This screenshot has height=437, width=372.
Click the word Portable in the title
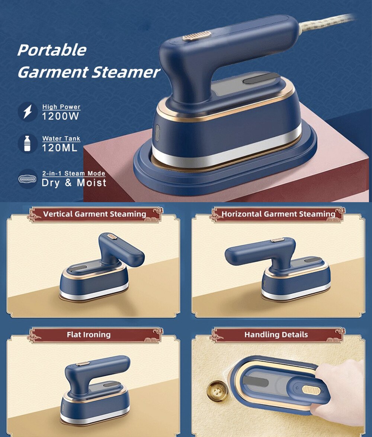point(52,50)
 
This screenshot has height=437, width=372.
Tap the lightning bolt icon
point(28,112)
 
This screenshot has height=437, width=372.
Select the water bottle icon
point(28,143)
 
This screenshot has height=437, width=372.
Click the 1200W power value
point(61,116)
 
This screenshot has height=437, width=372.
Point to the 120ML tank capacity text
point(60,148)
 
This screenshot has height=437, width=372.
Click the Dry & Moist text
point(74,182)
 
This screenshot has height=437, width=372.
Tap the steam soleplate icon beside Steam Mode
point(28,179)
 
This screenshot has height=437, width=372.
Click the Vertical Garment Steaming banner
point(94,214)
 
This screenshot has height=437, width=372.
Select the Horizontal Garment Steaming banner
point(278,214)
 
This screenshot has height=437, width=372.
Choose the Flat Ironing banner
point(89,334)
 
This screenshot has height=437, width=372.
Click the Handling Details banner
point(276,334)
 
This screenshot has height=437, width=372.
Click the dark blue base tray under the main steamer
point(223,175)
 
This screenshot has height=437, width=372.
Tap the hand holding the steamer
point(342,386)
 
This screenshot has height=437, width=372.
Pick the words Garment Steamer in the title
point(89,72)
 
